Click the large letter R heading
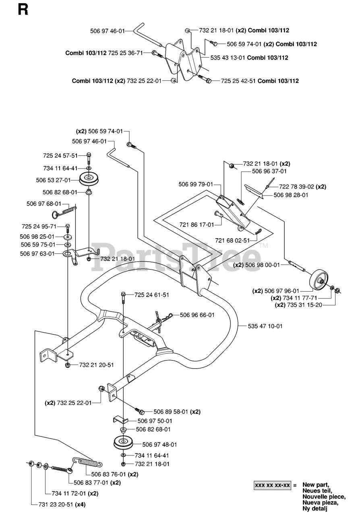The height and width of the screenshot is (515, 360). click(x=23, y=10)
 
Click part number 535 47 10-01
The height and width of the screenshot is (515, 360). click(x=265, y=326)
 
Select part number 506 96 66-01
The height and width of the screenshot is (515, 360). click(x=197, y=315)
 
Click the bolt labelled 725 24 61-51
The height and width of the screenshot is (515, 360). click(x=123, y=297)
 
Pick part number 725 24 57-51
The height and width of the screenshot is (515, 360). click(x=60, y=156)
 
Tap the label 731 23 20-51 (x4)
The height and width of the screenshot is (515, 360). click(x=62, y=505)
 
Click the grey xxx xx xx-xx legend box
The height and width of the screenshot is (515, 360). click(x=273, y=485)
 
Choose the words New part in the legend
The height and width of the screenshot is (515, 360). click(x=315, y=485)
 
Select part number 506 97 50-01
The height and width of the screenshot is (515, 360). click(x=155, y=421)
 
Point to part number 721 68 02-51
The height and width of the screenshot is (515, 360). click(x=232, y=241)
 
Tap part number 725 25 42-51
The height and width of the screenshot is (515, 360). click(x=238, y=81)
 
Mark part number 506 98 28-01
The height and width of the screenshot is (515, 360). click(x=291, y=195)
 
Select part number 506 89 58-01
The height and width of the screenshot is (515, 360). click(x=171, y=412)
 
